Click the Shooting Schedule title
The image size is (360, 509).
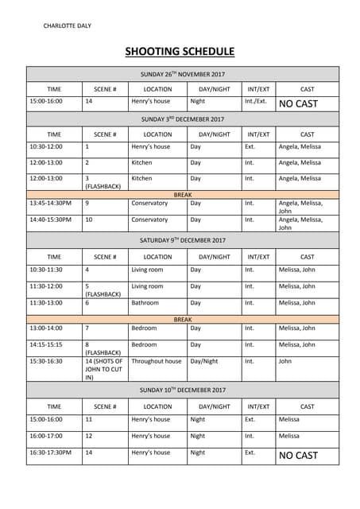tap(180, 52)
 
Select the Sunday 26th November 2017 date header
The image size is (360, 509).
tap(183, 74)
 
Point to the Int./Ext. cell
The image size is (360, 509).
tap(255, 102)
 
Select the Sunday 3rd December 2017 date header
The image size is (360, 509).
tap(183, 119)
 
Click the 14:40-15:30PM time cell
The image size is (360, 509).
tap(49, 220)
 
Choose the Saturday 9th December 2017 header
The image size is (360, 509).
tap(183, 240)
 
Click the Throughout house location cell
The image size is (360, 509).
tap(156, 361)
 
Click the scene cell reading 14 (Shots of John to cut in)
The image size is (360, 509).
tap(104, 369)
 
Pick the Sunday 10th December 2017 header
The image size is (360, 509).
tap(183, 390)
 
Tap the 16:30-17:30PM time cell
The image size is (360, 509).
tap(49, 453)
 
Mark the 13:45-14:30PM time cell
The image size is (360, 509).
tap(49, 203)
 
